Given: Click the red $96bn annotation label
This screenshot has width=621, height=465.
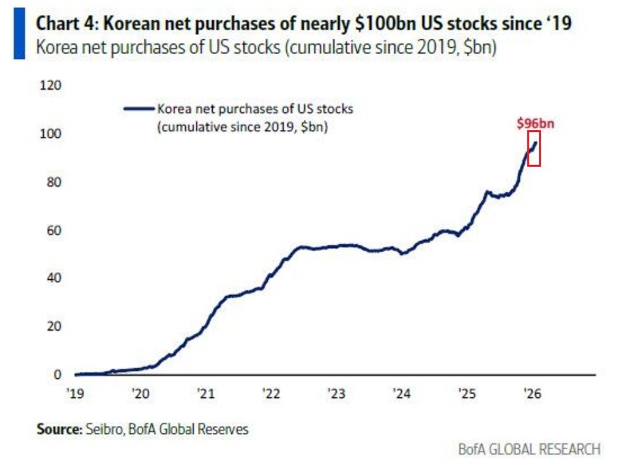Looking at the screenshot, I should click(x=534, y=124).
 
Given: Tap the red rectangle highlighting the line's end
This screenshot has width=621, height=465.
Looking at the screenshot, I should click(x=534, y=148).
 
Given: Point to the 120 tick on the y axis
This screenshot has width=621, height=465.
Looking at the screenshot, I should click(x=51, y=85).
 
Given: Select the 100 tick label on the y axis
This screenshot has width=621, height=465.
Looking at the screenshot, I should click(x=51, y=134).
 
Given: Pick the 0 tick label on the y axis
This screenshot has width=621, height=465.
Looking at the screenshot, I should click(x=57, y=375).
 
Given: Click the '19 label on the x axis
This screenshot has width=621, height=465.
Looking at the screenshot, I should click(x=75, y=394).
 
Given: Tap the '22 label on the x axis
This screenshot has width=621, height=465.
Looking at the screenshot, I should click(x=271, y=394).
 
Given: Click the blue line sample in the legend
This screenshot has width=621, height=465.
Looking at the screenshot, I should click(x=139, y=109).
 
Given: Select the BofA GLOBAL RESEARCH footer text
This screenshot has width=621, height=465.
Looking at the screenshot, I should click(x=529, y=449).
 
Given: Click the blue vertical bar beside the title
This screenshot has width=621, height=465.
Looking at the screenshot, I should click(x=19, y=36).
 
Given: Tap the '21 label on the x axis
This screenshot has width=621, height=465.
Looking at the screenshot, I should click(x=205, y=394).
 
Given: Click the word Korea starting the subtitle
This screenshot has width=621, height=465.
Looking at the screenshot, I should click(x=55, y=48).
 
